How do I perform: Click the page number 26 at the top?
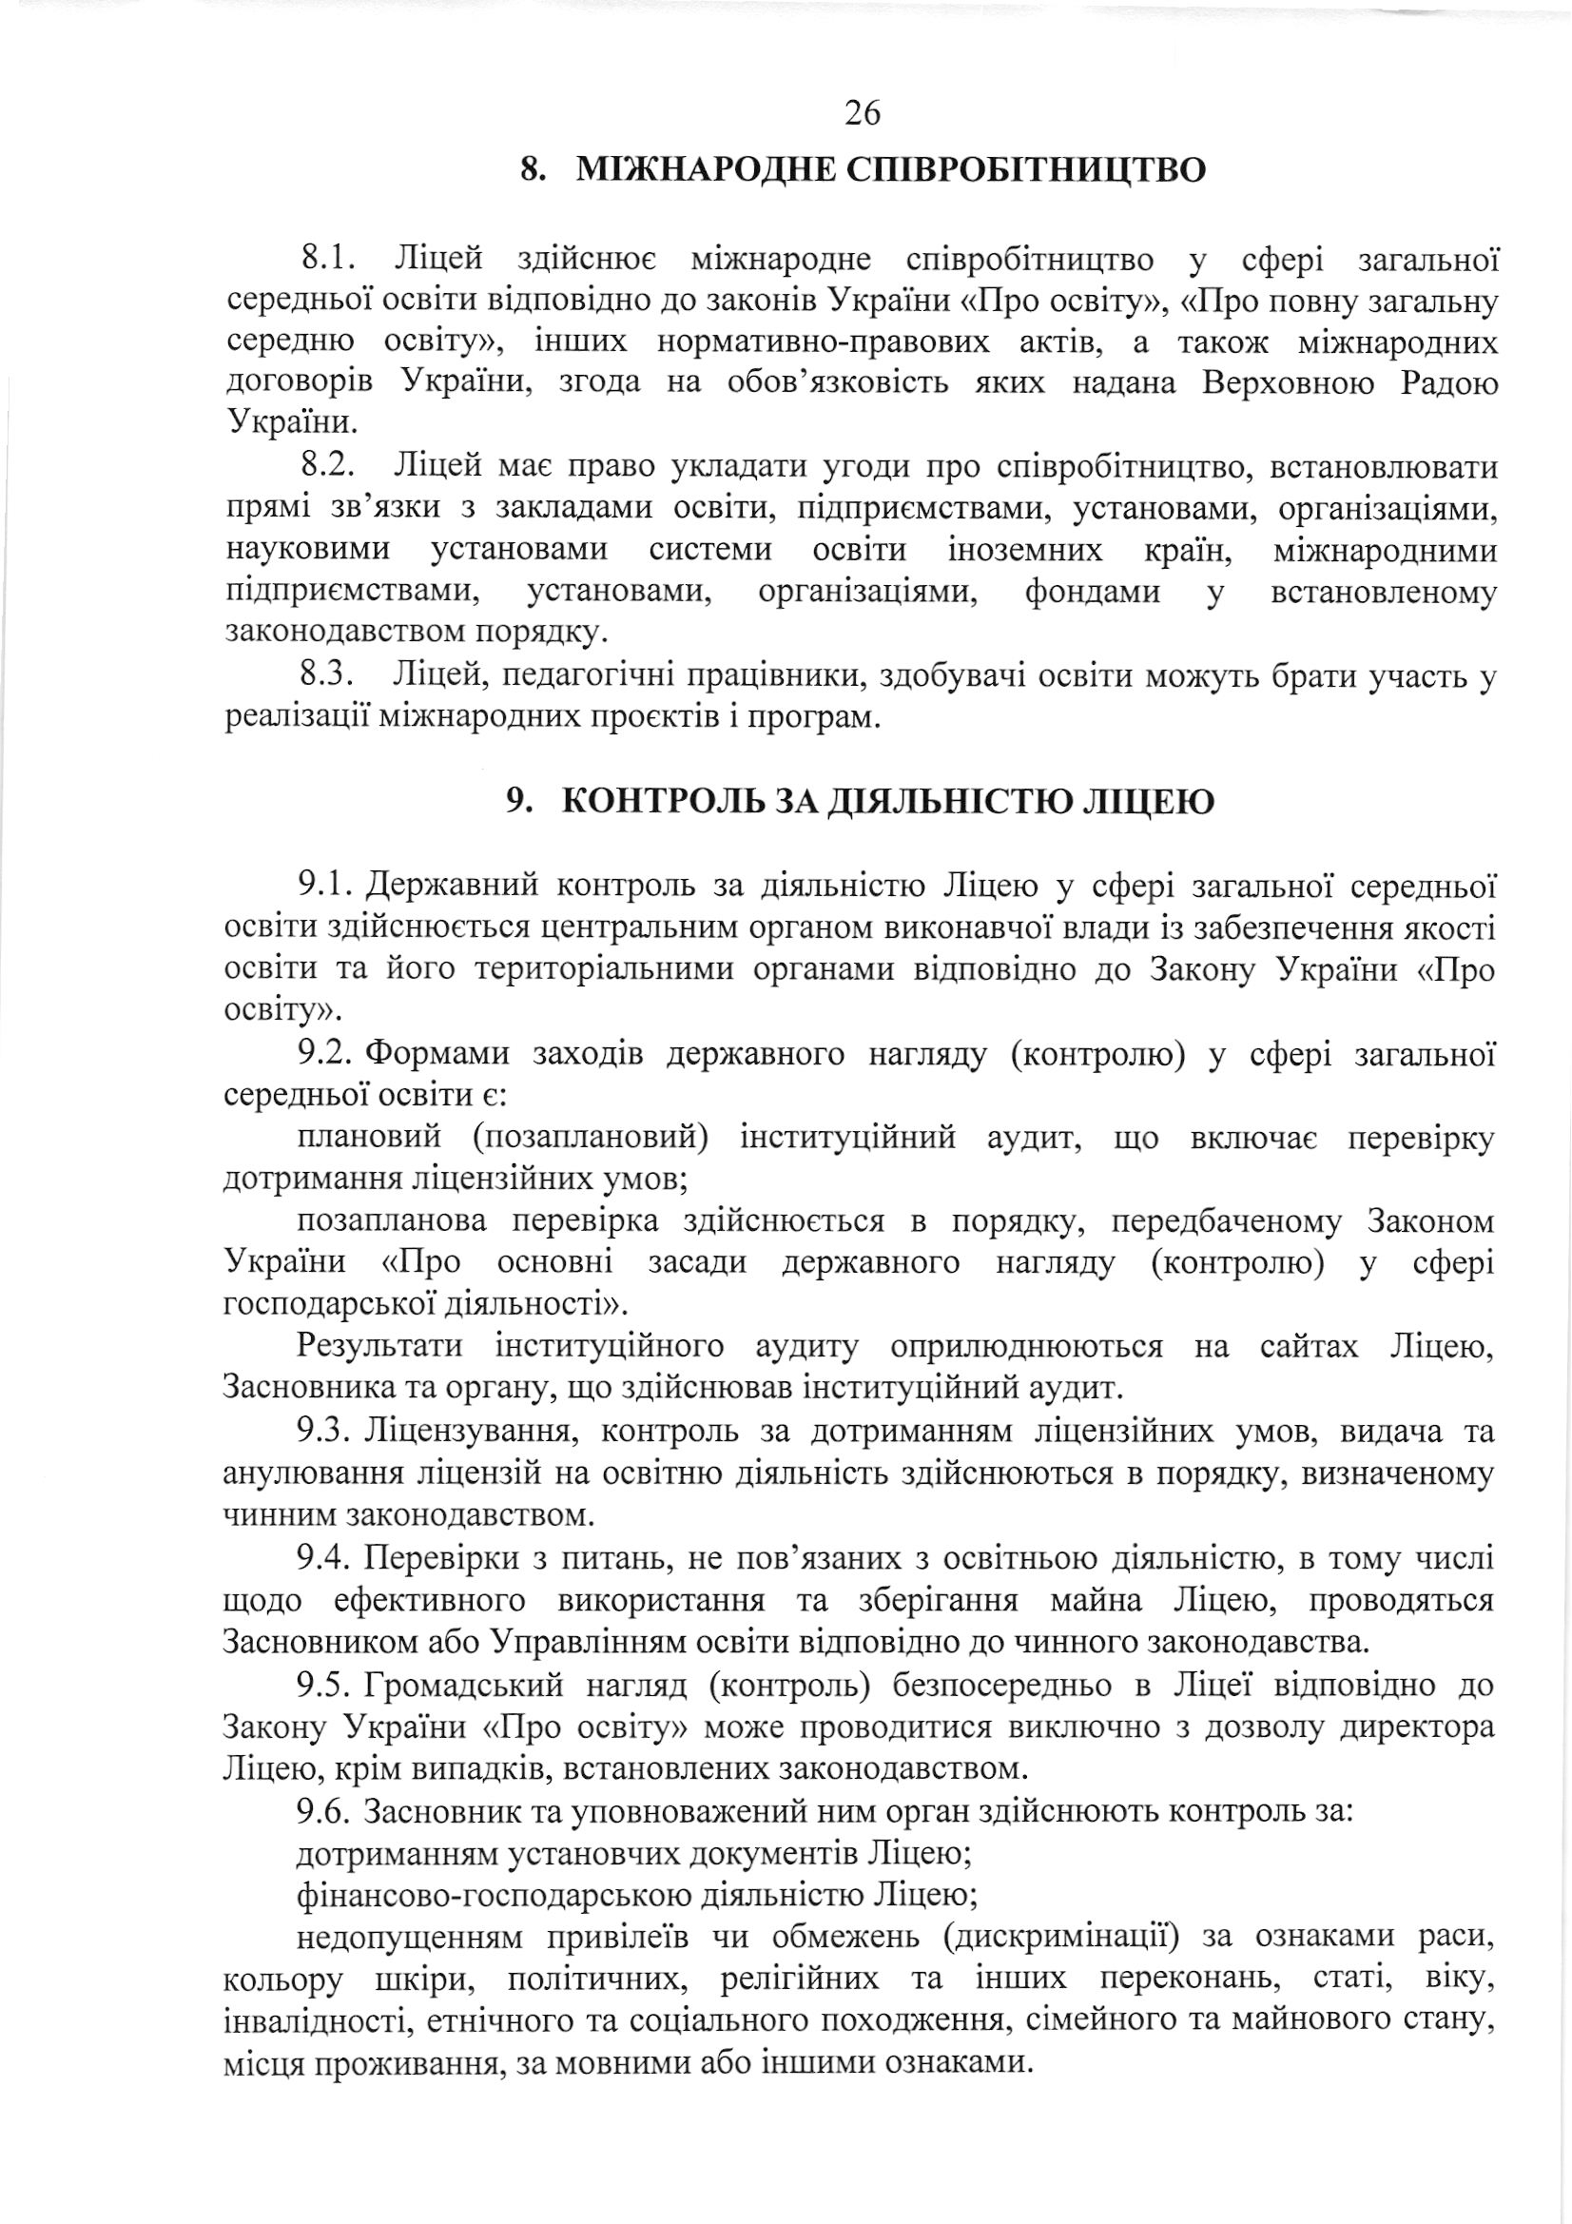pyautogui.click(x=863, y=114)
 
